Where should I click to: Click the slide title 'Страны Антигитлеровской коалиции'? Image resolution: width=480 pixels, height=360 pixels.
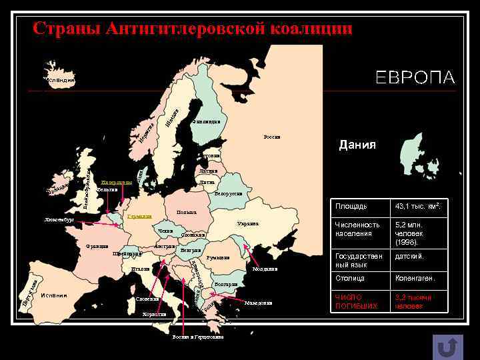point(193,29)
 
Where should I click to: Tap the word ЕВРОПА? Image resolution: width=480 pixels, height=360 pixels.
point(415,77)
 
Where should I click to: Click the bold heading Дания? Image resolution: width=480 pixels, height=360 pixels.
point(357,145)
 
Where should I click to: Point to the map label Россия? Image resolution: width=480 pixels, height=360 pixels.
point(272,137)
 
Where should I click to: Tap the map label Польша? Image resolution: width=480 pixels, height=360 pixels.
point(186,213)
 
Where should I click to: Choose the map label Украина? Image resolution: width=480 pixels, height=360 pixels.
point(247,224)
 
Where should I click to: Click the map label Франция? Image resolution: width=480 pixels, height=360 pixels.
point(97,247)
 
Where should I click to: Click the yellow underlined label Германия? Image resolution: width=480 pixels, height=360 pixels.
point(140,217)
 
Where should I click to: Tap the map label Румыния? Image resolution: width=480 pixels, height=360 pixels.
point(218,257)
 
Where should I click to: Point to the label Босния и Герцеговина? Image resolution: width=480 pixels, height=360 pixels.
point(198,337)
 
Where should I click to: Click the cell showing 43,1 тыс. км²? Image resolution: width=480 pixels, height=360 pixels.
point(419,207)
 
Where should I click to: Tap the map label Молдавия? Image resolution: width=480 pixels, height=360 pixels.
point(265,269)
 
